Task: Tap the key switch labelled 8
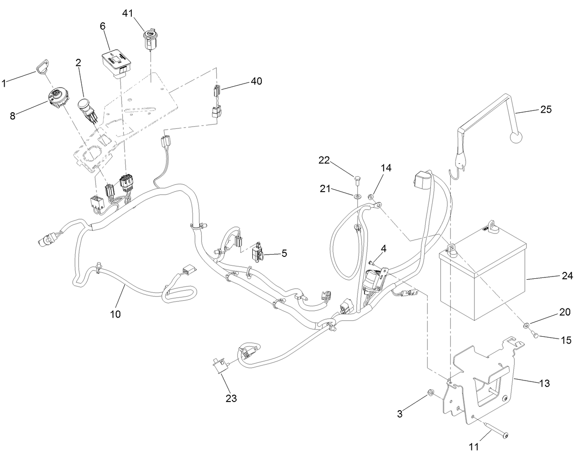[x=58, y=96]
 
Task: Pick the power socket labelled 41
[x=150, y=39]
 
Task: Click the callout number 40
[x=256, y=81]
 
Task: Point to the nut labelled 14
[x=371, y=198]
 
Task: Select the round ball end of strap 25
[x=516, y=138]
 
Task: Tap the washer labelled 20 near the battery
[x=527, y=325]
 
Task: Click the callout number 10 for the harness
[x=115, y=314]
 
